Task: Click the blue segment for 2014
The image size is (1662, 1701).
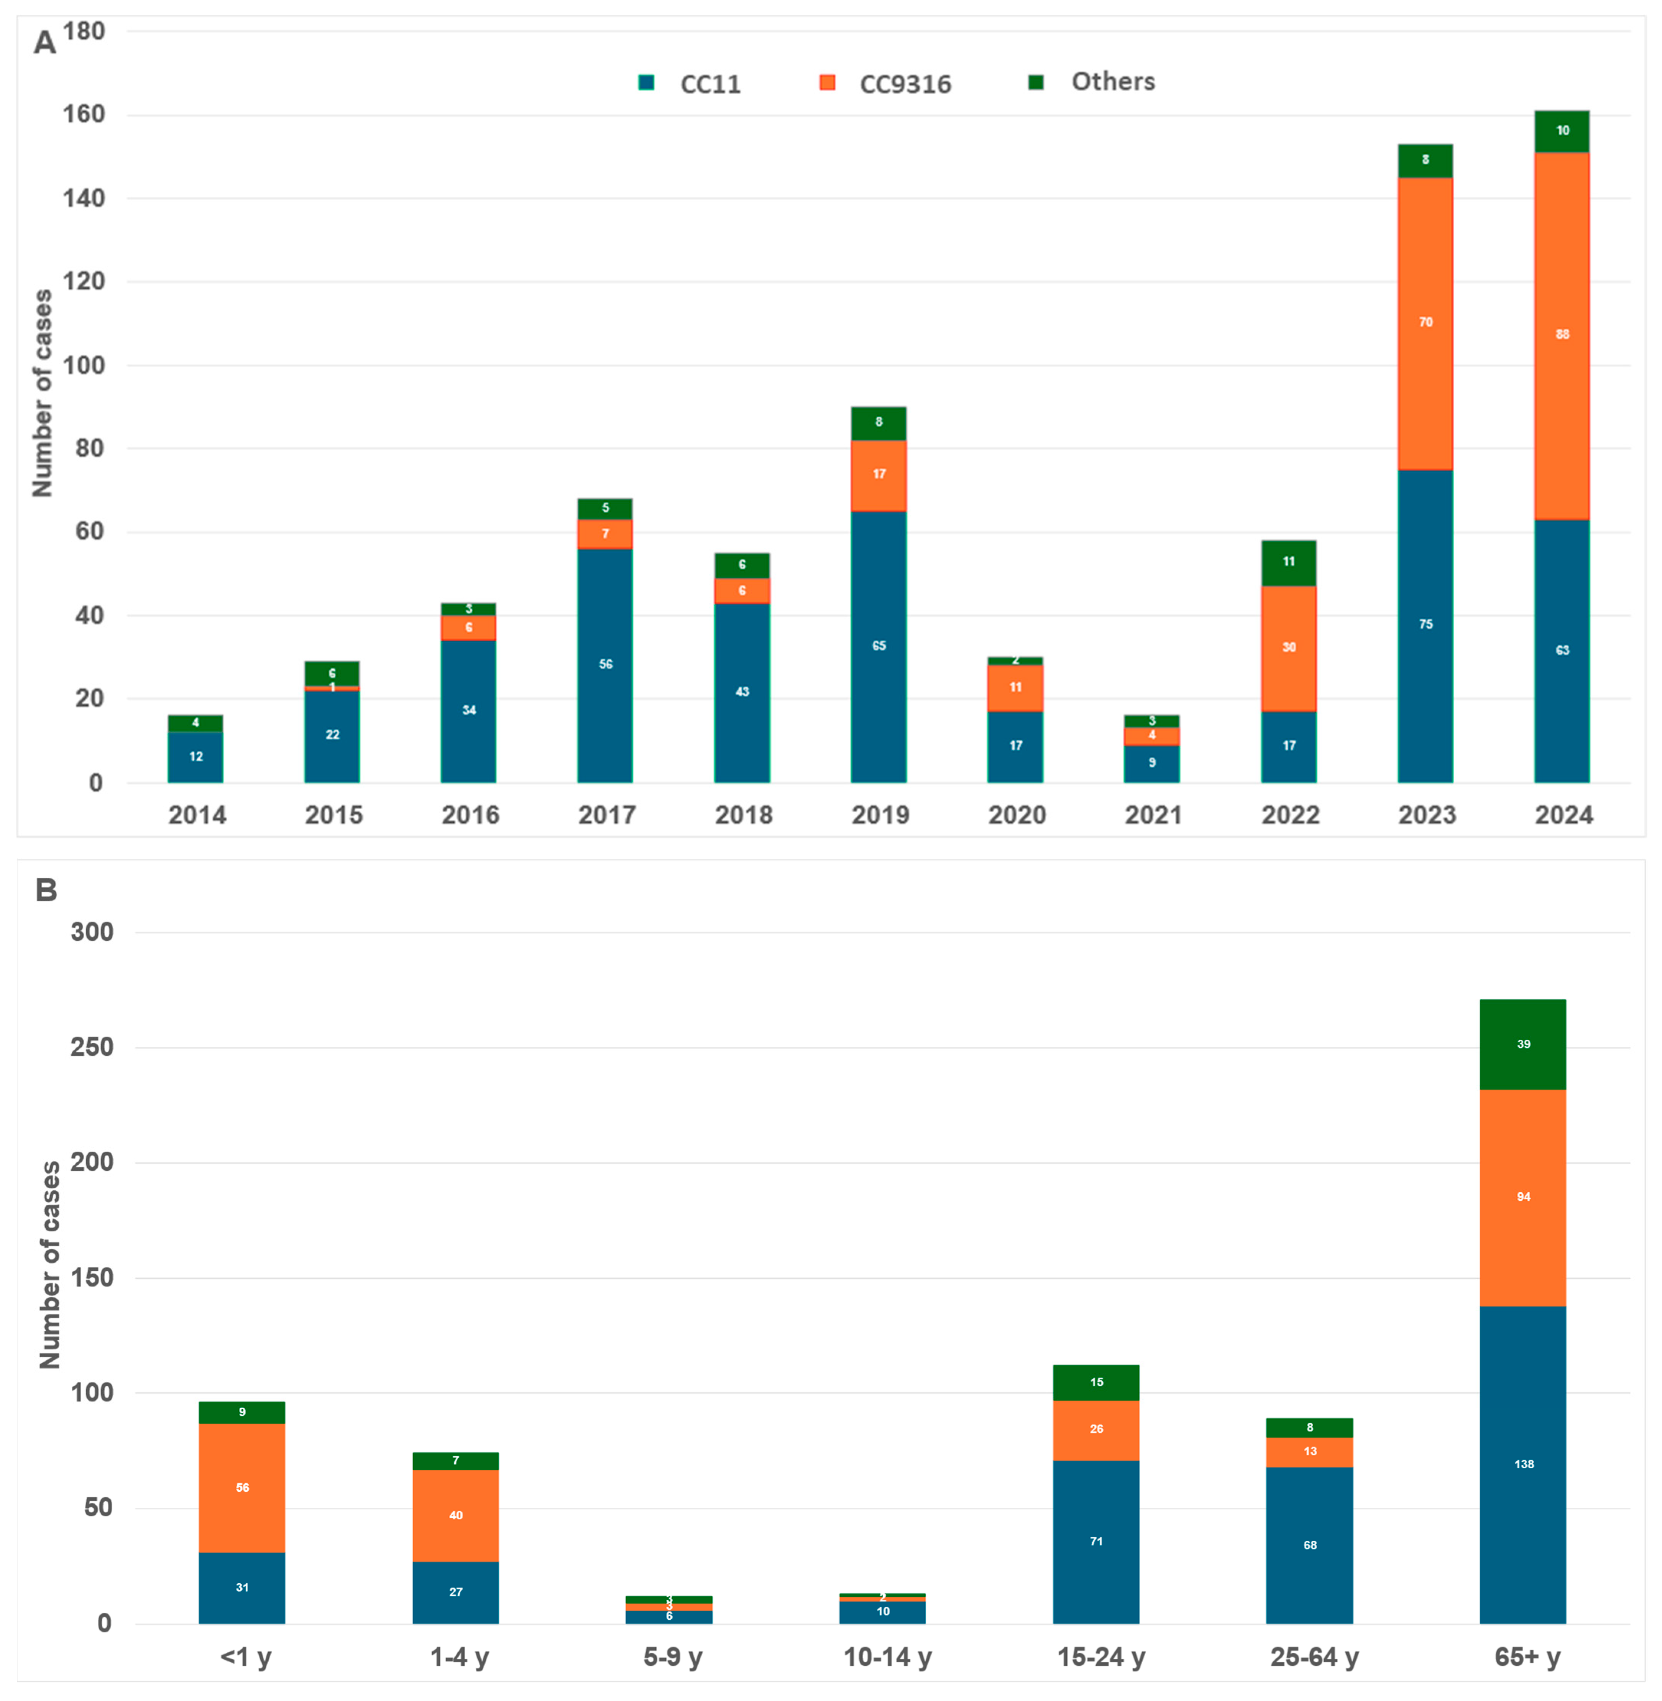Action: (195, 756)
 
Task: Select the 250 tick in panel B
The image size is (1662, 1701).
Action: (92, 1047)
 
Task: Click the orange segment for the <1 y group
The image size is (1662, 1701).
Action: (242, 1487)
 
